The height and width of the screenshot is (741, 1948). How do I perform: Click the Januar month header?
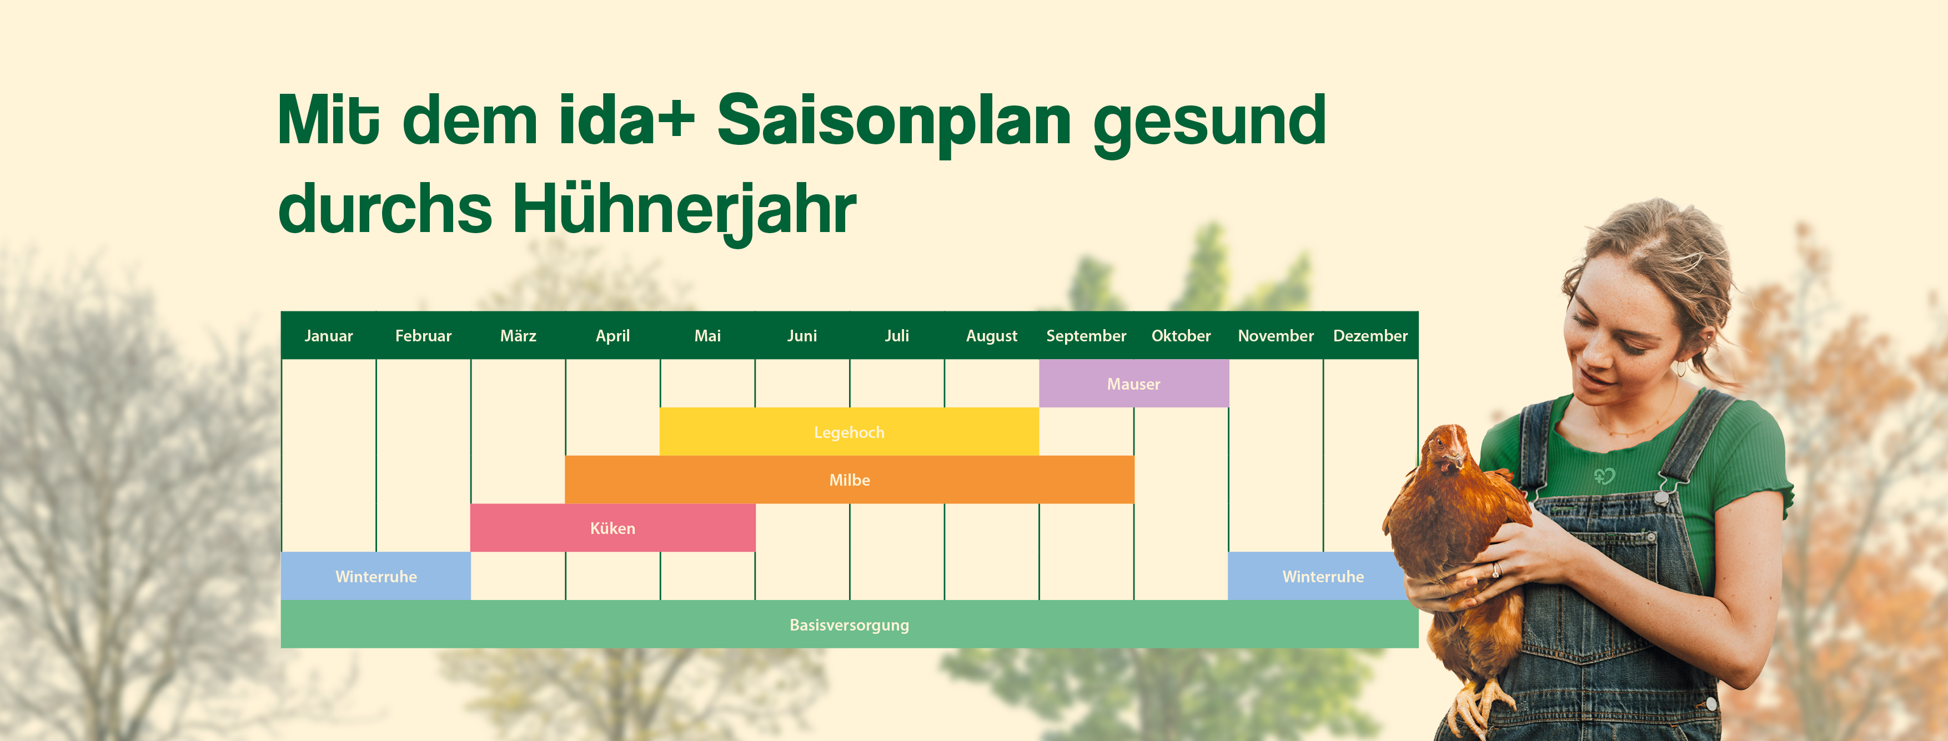328,336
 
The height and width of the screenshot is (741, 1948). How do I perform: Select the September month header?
1086,336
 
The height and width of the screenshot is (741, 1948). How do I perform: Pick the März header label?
518,336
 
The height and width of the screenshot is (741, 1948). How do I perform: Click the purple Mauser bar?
1133,384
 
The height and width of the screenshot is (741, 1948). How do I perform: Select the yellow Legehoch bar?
849,432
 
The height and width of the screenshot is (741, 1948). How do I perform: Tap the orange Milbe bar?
849,480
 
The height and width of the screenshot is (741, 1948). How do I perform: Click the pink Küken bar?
612,528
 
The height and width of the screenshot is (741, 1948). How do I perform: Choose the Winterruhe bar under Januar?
376,577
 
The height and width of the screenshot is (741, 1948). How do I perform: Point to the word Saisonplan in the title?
894,121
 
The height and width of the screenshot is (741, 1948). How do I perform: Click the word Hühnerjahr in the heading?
684,210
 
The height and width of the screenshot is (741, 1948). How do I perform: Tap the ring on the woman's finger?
1496,570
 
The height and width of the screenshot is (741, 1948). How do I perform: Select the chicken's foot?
1478,707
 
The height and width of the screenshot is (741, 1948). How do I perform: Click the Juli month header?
896,336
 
